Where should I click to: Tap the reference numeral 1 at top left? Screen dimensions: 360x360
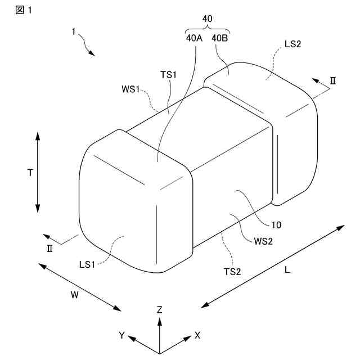pos(74,32)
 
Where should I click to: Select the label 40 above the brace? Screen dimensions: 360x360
pos(207,19)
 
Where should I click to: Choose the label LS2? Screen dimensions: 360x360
pos(293,44)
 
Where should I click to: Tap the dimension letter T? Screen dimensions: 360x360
pos(30,173)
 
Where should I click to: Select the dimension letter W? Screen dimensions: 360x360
pos(74,294)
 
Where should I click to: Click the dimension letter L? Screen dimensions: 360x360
pos(287,269)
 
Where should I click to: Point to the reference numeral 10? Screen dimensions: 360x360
pos(276,225)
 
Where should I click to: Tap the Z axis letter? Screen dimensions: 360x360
pos(160,309)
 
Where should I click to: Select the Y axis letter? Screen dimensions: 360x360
pos(121,335)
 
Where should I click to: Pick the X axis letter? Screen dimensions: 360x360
pos(197,335)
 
